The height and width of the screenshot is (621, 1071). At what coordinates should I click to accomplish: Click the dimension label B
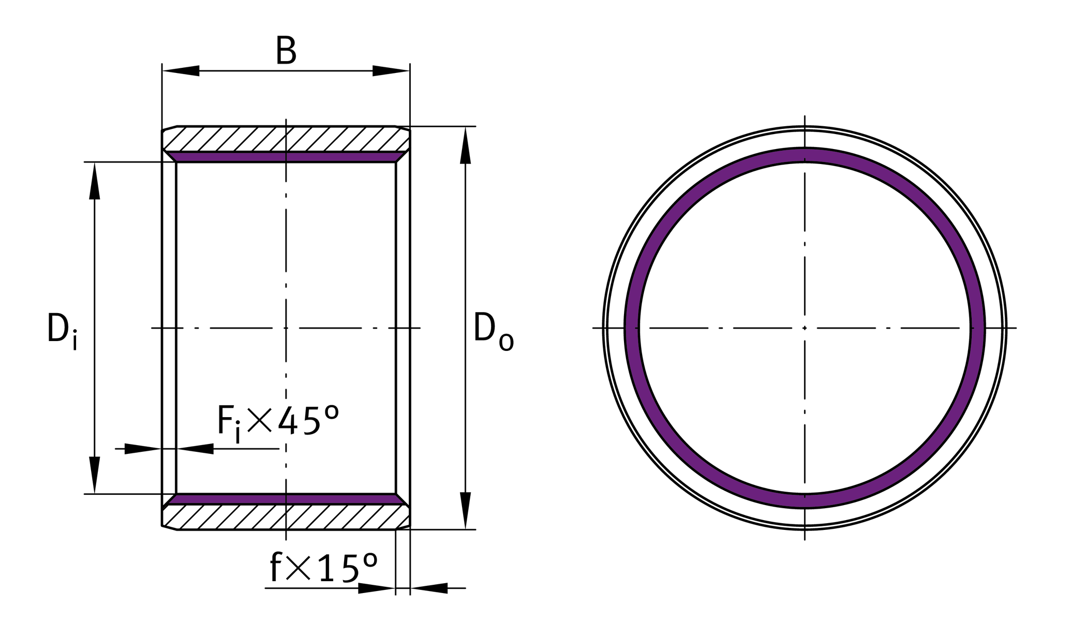coord(286,51)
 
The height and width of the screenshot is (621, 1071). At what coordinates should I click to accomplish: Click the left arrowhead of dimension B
coord(181,71)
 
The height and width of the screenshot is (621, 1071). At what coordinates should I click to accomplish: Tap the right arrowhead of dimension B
coord(391,71)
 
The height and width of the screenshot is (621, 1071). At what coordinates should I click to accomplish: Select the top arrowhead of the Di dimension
coord(94,181)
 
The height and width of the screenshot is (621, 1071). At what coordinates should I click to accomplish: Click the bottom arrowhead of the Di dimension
coord(94,475)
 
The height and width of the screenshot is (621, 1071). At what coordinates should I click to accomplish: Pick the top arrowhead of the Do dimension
coord(465,145)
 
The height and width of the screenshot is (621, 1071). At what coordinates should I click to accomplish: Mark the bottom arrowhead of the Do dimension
coord(465,510)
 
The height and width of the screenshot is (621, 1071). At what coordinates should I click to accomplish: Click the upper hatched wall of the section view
coord(286,139)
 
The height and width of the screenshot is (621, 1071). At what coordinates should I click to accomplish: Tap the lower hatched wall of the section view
coord(286,517)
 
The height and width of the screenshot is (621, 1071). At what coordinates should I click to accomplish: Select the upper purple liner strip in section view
coord(286,157)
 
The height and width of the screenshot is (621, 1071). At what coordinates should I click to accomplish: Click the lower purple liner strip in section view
coord(286,499)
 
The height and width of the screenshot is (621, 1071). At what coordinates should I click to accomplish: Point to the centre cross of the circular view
coord(805,328)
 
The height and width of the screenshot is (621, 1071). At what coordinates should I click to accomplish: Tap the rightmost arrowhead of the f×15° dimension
coord(429,588)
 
